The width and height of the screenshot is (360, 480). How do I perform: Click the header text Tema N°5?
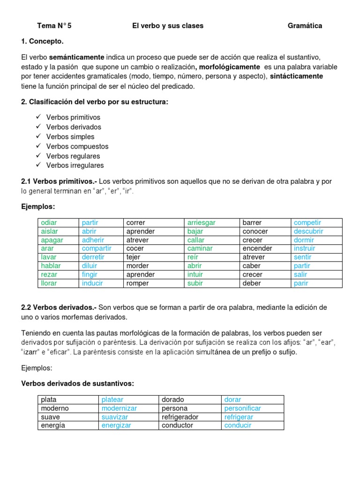tap(54, 26)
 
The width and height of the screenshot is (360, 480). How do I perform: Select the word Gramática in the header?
tap(305, 26)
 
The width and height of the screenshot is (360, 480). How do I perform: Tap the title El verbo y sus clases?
tap(168, 26)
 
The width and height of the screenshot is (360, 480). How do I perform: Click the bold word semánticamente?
tap(77, 57)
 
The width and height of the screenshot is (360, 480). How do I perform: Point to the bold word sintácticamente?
tap(296, 76)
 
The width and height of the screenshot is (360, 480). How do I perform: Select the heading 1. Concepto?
tap(43, 41)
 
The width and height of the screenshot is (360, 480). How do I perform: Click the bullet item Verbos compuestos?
tap(77, 146)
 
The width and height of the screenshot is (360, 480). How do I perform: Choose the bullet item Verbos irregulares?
tap(75, 165)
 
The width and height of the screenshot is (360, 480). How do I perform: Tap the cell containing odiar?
tap(49, 223)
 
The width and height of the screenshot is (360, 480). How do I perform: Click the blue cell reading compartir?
tap(97, 248)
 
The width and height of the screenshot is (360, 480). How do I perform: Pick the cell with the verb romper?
tap(137, 283)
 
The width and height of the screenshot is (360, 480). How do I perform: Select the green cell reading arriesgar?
tap(202, 223)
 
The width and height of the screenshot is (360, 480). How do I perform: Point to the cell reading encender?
tap(257, 248)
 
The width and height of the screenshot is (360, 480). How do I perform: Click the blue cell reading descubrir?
tap(308, 231)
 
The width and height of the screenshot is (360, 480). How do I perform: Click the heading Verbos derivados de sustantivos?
tap(78, 383)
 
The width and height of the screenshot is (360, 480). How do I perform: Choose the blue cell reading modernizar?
tap(119, 408)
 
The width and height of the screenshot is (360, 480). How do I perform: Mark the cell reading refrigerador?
tap(180, 417)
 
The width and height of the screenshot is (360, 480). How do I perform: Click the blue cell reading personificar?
tap(242, 408)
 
